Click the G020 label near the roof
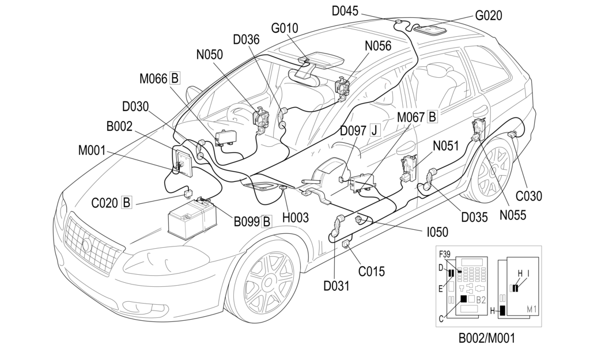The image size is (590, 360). pos(489,16)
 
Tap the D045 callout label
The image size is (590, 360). pos(345,10)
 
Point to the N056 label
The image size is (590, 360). pos(378,46)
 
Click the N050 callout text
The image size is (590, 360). pos(210,55)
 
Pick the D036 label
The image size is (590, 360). pos(246,39)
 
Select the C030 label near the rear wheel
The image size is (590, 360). pos(529,196)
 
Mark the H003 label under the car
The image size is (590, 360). pos(296,217)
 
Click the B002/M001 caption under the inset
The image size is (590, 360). pos(487,339)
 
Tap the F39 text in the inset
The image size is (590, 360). pos(445,254)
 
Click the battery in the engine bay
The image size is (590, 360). pos(191,221)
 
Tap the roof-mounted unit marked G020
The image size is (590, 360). pos(435,28)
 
